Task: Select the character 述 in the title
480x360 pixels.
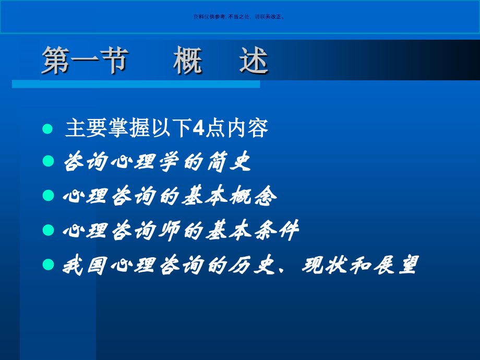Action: (x=254, y=61)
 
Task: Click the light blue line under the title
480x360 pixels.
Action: (x=136, y=84)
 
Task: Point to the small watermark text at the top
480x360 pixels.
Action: (x=239, y=17)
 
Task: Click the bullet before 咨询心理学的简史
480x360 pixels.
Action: (x=48, y=162)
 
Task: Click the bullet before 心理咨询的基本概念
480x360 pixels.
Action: (x=48, y=196)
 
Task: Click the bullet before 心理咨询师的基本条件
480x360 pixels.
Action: (x=48, y=230)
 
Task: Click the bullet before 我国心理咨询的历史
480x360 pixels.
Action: (x=48, y=265)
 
